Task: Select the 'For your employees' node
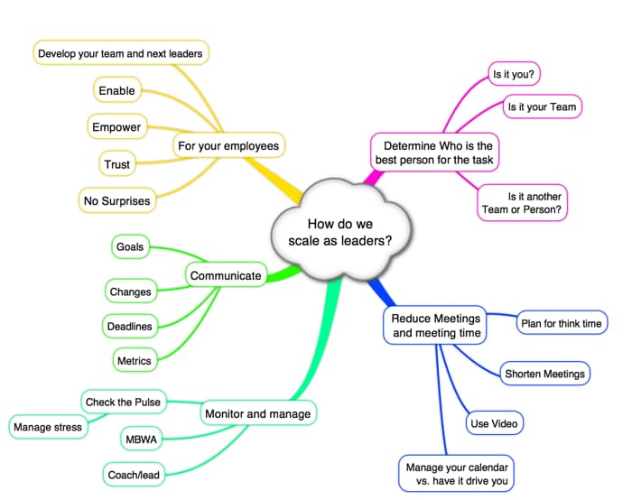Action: (229, 144)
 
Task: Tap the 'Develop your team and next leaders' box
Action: (121, 53)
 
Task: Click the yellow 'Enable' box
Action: (117, 90)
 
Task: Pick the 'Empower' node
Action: (116, 127)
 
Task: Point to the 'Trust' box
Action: (117, 164)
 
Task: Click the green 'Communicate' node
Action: (226, 275)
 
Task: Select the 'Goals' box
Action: (132, 245)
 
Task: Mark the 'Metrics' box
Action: (134, 360)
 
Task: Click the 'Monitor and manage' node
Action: (256, 413)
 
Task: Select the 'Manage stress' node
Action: (49, 426)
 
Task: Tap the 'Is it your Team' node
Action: (542, 106)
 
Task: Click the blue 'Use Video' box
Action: (496, 422)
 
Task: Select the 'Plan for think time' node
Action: (562, 322)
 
